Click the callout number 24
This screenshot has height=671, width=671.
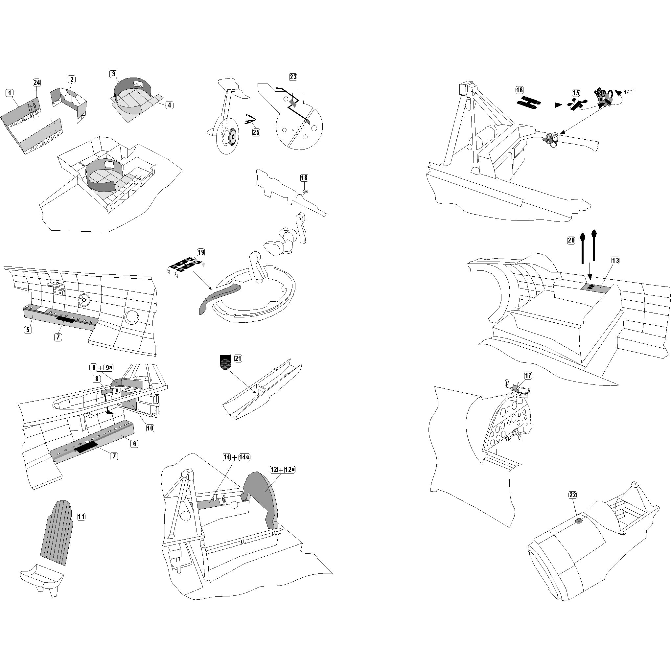tap(36, 82)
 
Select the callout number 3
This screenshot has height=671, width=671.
tap(113, 74)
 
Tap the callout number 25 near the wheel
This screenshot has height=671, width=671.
tap(256, 132)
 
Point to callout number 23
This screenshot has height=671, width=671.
tap(293, 77)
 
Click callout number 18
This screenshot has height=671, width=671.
tap(304, 178)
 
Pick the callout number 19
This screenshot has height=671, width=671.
tap(201, 252)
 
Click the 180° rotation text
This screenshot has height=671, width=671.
tap(629, 92)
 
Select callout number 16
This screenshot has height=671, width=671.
tap(519, 90)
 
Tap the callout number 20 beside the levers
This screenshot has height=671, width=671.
tap(571, 240)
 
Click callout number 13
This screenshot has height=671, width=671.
tap(615, 261)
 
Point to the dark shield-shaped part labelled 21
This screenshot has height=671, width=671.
tap(225, 361)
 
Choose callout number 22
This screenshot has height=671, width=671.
tap(573, 495)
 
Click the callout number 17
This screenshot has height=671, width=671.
tap(528, 376)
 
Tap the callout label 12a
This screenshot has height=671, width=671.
tap(289, 470)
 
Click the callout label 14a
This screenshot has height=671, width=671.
tap(244, 457)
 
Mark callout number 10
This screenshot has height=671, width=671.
tap(150, 428)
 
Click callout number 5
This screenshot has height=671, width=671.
tap(28, 330)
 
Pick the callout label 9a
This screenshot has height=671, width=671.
tap(109, 367)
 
